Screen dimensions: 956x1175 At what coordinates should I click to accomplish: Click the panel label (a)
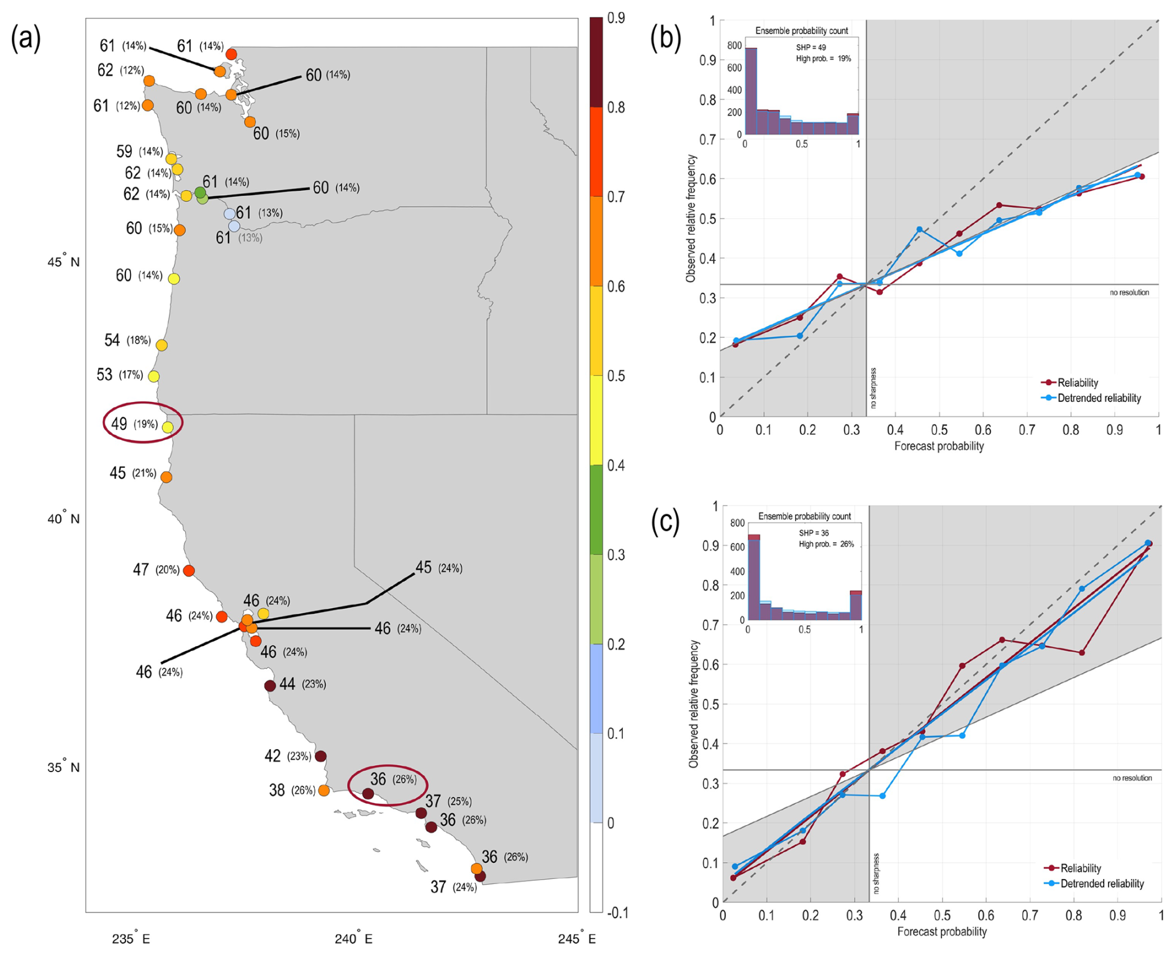(x=25, y=39)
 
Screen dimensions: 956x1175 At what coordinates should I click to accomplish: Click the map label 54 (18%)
(x=127, y=340)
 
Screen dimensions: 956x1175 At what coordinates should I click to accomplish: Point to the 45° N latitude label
(x=63, y=262)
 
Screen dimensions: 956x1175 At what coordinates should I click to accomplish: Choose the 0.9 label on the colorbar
(x=615, y=19)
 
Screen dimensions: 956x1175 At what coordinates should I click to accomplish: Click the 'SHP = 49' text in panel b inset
(x=810, y=47)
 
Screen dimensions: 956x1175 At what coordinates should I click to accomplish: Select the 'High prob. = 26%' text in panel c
(x=826, y=544)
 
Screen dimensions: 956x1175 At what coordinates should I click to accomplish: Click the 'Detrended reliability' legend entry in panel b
(x=1099, y=398)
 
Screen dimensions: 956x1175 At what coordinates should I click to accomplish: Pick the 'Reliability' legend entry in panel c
(x=1081, y=868)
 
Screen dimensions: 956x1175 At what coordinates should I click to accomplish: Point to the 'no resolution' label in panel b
(x=1129, y=293)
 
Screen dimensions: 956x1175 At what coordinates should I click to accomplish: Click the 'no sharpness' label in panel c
(x=876, y=873)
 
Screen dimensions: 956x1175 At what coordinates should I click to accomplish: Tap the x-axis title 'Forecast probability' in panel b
(x=938, y=446)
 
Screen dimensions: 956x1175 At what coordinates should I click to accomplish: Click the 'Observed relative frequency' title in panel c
(x=694, y=704)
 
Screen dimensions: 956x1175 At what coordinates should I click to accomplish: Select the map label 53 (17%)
(x=120, y=375)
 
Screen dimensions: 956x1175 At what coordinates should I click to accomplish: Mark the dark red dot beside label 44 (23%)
(x=270, y=686)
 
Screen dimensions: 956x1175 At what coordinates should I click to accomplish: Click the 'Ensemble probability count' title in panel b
(x=801, y=30)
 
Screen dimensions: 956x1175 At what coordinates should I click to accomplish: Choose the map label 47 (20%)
(x=156, y=570)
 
